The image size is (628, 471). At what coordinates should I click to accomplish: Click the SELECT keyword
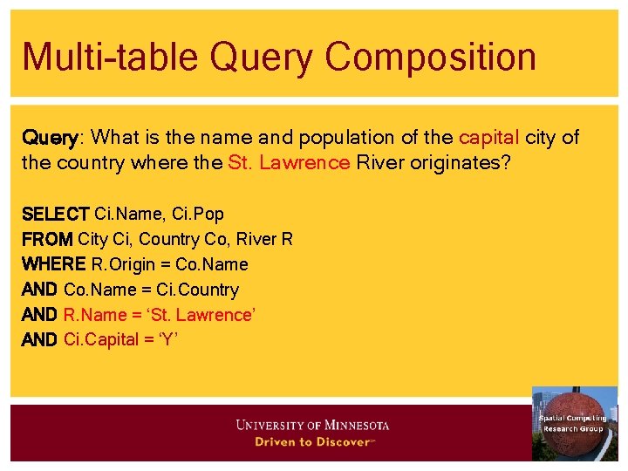pos(55,214)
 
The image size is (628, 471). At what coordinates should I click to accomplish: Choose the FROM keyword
pos(47,239)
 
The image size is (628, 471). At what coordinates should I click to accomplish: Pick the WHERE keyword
pos(53,264)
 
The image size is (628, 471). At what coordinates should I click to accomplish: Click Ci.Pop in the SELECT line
pos(198,214)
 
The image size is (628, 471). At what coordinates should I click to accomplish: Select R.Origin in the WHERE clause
pos(124,264)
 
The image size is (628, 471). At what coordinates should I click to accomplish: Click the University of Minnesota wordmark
pos(312,426)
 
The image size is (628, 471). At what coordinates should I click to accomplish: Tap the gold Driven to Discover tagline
pos(312,442)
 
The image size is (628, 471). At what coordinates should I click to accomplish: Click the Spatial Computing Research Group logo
pos(574,423)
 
